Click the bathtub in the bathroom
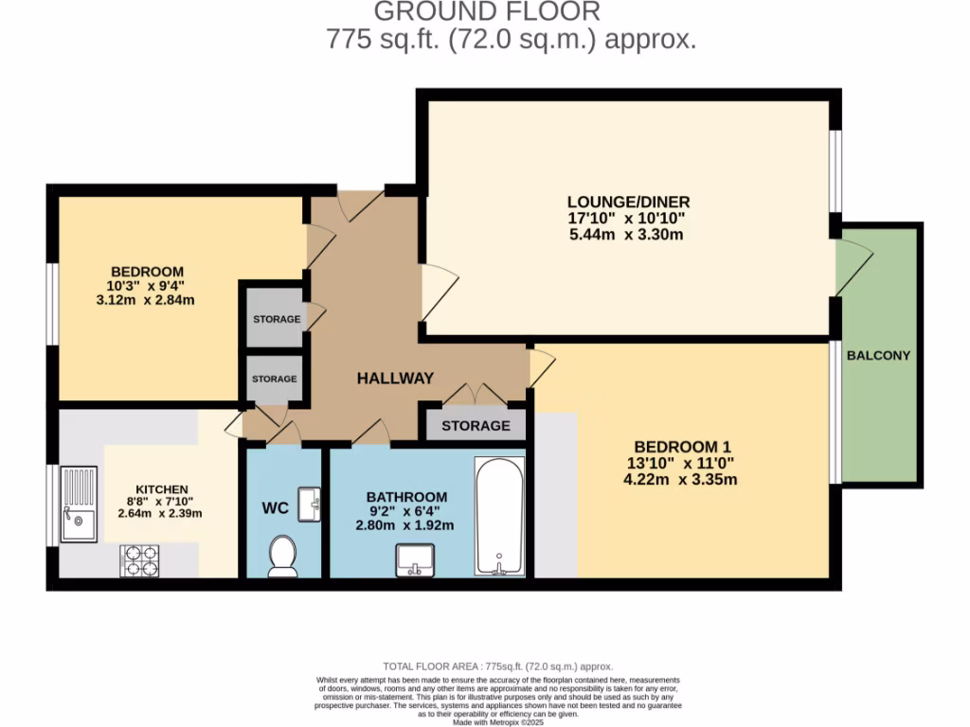point(498,516)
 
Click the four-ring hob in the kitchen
point(139,560)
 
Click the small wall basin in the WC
point(309,504)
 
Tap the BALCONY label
point(878,356)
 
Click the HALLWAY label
point(395,379)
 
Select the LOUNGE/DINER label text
point(628,202)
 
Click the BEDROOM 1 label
point(683,447)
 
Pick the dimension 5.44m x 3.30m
point(628,234)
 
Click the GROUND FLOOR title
point(487,12)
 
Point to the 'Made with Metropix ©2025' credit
point(497,721)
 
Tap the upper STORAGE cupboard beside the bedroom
point(276,319)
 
